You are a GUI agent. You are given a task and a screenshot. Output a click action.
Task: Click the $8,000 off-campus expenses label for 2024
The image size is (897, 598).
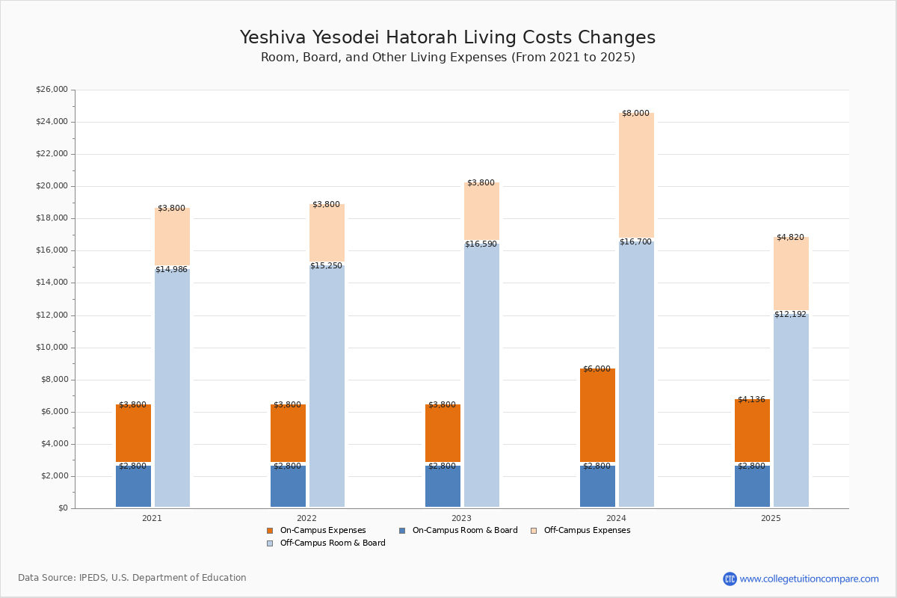click(x=635, y=114)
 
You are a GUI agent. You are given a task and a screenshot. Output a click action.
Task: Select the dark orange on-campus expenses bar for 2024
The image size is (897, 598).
click(x=597, y=415)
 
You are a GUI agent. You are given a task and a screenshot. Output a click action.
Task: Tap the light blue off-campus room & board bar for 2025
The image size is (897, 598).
click(x=791, y=410)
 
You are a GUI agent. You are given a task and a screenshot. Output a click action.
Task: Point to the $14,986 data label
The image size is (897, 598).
click(x=171, y=270)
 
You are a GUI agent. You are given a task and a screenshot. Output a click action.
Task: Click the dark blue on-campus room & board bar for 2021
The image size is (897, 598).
click(x=133, y=487)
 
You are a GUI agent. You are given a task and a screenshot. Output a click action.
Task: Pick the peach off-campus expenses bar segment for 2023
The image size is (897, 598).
click(x=481, y=211)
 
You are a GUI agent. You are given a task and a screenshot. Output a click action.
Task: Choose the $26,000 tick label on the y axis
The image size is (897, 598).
click(x=52, y=89)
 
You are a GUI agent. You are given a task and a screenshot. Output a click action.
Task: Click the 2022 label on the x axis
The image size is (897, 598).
click(x=306, y=518)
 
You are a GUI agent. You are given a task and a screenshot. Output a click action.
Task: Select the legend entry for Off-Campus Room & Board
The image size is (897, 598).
click(x=326, y=543)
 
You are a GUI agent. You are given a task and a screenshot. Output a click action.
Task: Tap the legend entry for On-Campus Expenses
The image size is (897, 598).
click(x=316, y=530)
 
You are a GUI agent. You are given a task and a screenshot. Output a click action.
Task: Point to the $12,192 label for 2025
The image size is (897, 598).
click(x=790, y=315)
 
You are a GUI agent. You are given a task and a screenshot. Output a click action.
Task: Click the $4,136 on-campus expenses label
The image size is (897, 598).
click(x=751, y=399)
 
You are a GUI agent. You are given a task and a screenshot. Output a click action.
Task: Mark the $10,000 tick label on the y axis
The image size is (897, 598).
click(x=52, y=348)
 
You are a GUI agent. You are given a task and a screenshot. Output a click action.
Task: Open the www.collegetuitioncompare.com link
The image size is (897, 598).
click(x=809, y=579)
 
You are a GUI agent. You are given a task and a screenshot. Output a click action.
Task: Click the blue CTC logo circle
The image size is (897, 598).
click(x=730, y=579)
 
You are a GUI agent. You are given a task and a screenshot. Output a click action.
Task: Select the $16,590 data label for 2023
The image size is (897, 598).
click(x=481, y=244)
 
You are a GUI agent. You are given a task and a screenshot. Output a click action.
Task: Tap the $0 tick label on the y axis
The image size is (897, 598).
click(x=64, y=508)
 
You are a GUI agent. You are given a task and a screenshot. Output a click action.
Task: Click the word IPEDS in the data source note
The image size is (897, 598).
click(x=93, y=578)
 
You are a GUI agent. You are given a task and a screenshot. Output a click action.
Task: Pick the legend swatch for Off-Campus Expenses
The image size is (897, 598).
click(x=534, y=531)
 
